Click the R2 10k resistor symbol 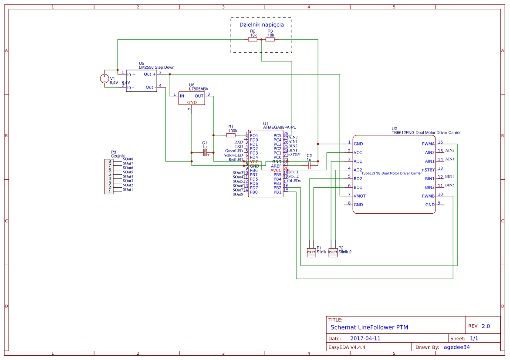253,40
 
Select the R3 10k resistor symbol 270,40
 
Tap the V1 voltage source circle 105,79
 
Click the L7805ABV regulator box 192,98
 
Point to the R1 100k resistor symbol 231,135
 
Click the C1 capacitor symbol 205,153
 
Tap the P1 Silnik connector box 311,252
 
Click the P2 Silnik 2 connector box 333,252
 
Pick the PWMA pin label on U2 428,144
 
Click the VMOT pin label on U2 360,196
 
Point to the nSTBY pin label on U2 428,170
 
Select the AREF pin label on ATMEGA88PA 276,166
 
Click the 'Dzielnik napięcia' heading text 261,25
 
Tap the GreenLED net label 234,151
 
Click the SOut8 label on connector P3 128,159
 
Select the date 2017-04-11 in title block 365,338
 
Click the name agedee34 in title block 456,347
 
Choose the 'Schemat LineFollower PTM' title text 369,327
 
